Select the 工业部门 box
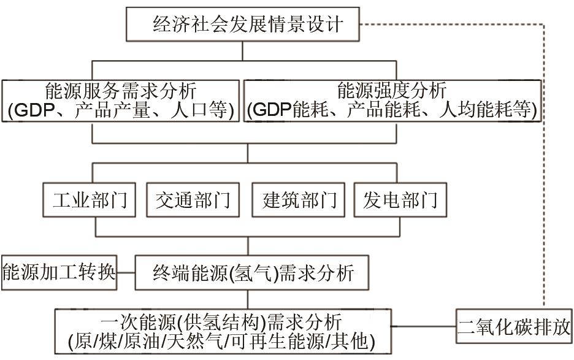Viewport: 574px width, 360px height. point(90,201)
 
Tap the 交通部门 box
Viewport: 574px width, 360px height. point(193,201)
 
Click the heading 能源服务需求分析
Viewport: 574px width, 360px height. point(121,92)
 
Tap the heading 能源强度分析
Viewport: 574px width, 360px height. point(392,92)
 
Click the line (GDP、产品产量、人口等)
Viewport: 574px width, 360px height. point(121,111)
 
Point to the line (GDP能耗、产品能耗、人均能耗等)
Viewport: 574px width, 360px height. point(392,111)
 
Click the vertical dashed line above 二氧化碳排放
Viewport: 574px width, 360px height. point(543,166)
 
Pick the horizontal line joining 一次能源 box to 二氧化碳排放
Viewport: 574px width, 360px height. point(424,325)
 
